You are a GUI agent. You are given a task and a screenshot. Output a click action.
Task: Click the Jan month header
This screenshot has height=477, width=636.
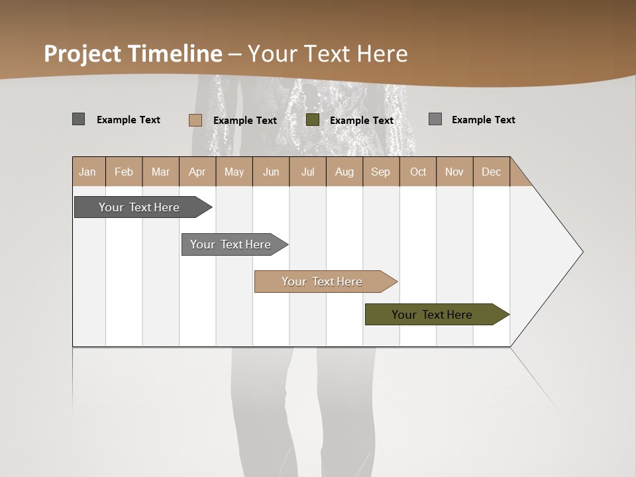pos(88,172)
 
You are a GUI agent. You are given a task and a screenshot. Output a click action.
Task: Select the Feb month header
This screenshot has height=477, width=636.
pos(124,172)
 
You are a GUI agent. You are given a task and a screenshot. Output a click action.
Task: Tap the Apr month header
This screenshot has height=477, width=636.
pos(197,172)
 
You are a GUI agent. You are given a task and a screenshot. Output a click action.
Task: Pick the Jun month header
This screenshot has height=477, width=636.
pos(271,172)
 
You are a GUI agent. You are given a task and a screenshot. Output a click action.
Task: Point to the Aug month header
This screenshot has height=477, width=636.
pos(344,172)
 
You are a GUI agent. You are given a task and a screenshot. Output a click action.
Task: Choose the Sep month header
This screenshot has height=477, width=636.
pos(381,172)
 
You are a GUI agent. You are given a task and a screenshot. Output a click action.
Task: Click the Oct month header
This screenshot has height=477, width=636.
pos(418,172)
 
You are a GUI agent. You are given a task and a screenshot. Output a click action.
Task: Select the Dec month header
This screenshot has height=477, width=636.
pos(492,172)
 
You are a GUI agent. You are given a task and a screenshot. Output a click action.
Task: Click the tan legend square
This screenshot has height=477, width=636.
pos(195,120)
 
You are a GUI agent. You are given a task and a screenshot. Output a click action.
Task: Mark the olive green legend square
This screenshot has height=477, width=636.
pos(313,120)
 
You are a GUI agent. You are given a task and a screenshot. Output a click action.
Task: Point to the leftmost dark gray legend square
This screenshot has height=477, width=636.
pos(78,119)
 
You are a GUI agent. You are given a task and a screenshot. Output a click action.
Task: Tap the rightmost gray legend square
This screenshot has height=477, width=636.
pos(435,119)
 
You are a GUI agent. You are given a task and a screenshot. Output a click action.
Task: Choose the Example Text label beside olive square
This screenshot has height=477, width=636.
pos(362,121)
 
